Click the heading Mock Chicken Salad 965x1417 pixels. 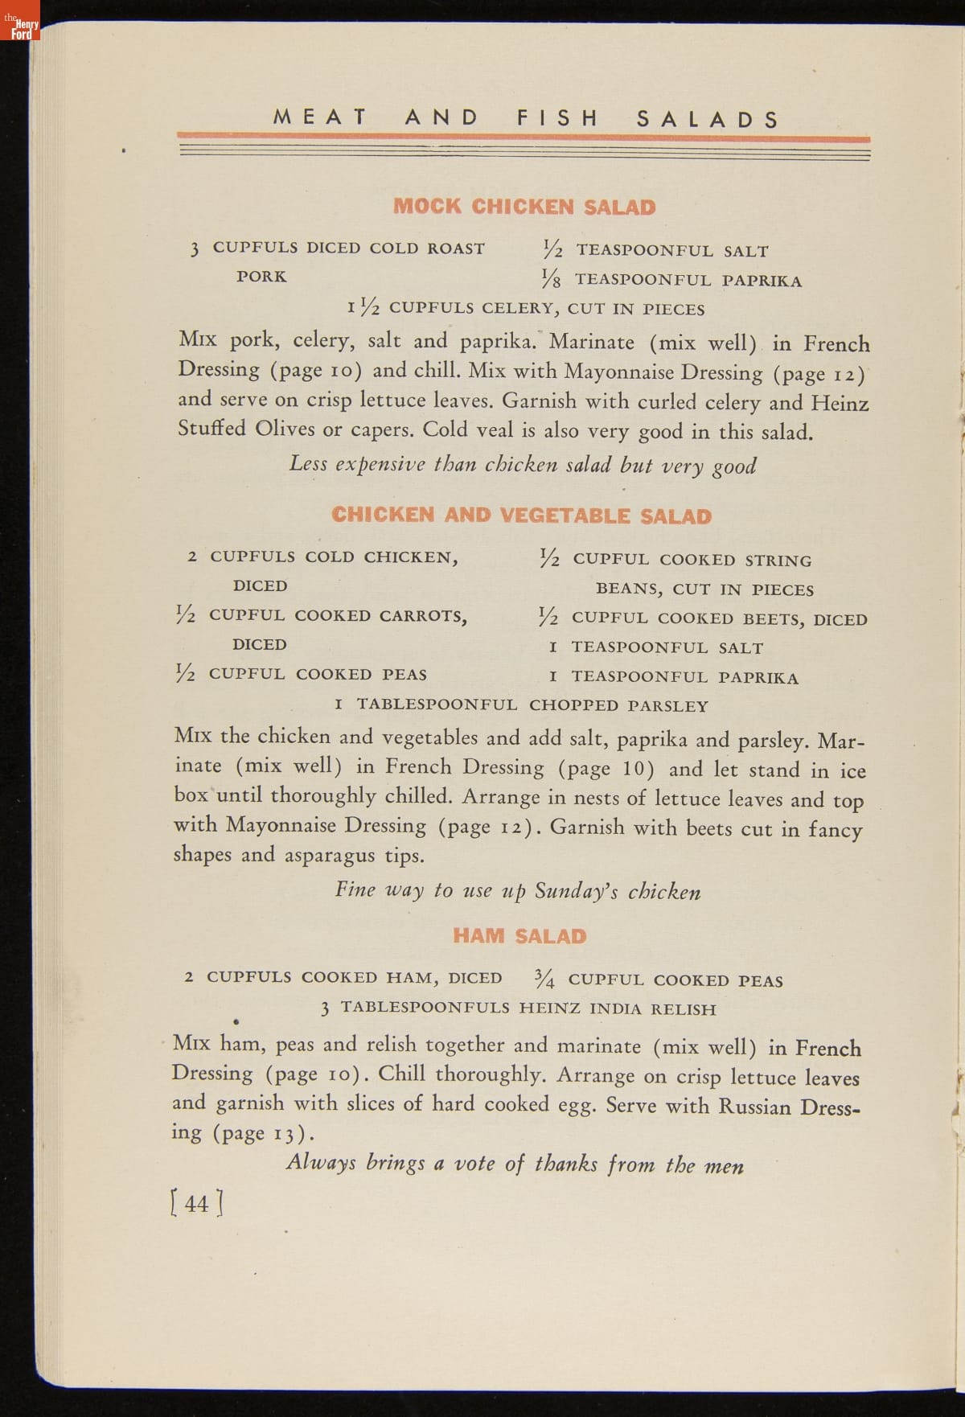524,207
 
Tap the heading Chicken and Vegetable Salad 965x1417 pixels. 521,515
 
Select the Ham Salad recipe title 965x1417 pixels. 519,935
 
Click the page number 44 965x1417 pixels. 197,1203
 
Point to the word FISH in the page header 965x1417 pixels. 558,119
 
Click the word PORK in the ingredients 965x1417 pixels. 261,277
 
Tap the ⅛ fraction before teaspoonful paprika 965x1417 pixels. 552,279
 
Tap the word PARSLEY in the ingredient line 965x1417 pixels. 667,706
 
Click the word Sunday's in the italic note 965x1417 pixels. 576,891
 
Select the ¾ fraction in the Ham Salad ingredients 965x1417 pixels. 544,979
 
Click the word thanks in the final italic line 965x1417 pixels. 566,1164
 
